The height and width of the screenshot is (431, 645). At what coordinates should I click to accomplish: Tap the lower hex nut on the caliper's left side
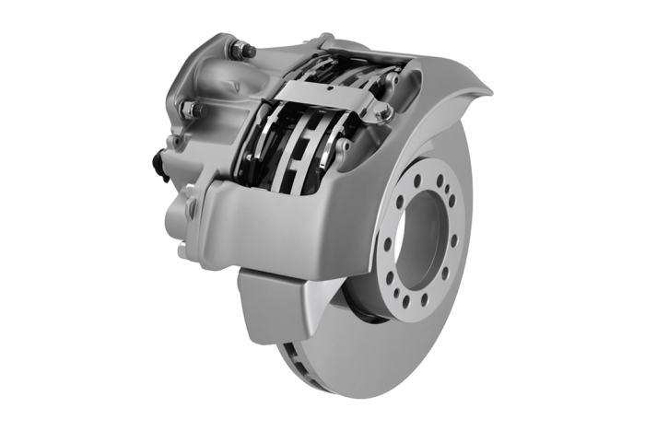(194, 111)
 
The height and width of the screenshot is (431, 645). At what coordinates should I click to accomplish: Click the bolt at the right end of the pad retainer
(376, 113)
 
